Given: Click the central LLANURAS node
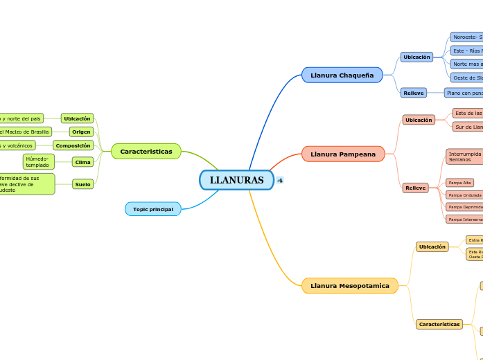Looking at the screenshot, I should (236, 180).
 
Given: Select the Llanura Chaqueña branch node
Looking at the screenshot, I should (342, 75).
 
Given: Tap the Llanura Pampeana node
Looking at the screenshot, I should (342, 154).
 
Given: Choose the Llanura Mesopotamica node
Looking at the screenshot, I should (349, 285).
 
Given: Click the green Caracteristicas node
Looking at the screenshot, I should (146, 151).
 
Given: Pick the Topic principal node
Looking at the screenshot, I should (152, 208).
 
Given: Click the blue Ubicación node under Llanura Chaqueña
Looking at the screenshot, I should (416, 57).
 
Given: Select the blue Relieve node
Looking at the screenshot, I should (414, 93).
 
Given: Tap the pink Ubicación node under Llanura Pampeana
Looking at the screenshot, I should (419, 120).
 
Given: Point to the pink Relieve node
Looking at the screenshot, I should (416, 188).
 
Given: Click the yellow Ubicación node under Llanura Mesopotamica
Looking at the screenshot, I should (432, 246).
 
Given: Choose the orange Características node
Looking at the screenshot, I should (439, 324).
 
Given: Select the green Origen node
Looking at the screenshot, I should (81, 132).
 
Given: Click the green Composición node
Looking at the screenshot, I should (73, 145).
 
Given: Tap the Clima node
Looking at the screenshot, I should (82, 162).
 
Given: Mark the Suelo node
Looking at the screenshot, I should (82, 184).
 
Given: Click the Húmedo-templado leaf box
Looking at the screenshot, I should (39, 162).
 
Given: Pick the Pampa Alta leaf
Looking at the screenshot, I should (459, 183).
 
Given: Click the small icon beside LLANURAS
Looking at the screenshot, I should (280, 180).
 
